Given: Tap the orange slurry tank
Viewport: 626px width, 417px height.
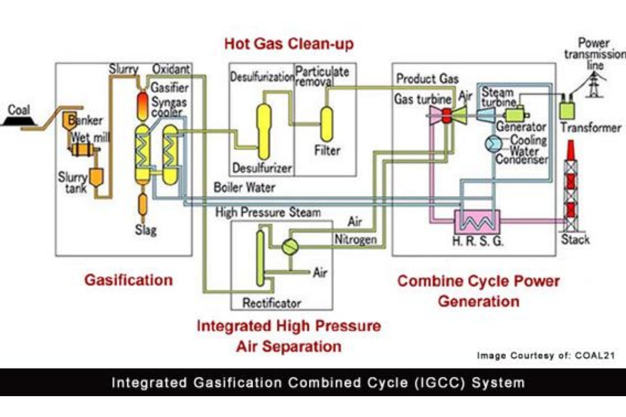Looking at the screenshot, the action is coord(97,177).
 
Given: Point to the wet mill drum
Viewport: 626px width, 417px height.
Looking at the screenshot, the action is coord(82,150).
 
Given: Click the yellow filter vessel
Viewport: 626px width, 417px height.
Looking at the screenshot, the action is coord(327,124).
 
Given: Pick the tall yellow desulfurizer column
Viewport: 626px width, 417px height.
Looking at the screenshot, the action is coord(263,131).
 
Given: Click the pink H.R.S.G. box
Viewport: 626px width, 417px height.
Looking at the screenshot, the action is coord(477,223).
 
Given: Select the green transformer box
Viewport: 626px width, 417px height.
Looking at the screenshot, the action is coord(567,111).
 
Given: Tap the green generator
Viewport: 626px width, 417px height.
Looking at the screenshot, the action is coord(515,115).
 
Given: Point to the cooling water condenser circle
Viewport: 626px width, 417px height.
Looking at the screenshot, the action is coord(493,144).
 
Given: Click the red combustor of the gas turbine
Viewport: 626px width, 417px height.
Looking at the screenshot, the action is coord(447,116).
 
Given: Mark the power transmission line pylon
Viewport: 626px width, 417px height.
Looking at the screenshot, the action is coord(594,84).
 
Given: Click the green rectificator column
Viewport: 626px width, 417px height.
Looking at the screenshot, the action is coord(260,259).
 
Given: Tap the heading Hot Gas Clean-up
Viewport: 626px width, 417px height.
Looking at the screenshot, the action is coord(289,44).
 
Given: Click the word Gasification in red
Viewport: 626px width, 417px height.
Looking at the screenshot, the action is coord(128,280).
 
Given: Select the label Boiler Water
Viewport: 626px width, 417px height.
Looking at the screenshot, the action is coord(244,188).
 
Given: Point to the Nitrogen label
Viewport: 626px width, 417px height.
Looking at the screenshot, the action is coord(355,240).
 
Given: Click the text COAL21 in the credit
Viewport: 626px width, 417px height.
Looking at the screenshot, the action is coord(595,355).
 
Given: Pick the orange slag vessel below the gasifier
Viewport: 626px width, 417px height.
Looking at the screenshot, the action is coord(142,205).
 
